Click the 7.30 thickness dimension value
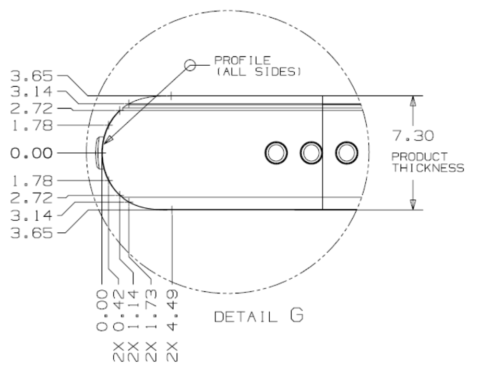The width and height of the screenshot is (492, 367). tap(413, 136)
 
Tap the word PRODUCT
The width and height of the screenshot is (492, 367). tap(419, 157)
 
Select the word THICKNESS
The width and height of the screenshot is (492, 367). tap(428, 168)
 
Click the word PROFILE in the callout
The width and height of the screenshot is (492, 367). tap(242, 60)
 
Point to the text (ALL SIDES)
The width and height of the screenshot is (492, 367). tap(259, 72)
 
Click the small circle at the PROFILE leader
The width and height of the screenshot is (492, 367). tap(190, 65)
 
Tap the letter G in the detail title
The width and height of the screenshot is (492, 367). tap(296, 315)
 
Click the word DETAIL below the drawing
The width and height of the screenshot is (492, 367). tap(246, 317)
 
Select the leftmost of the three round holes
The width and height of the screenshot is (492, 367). tap(276, 153)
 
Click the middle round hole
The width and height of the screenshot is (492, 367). tap(311, 153)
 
